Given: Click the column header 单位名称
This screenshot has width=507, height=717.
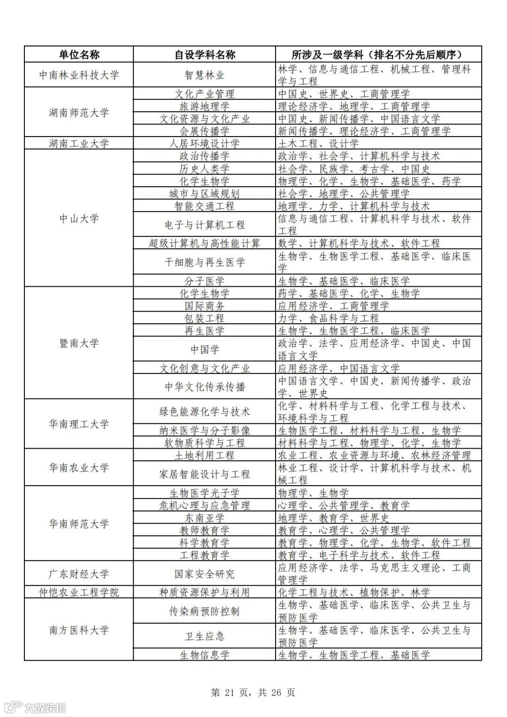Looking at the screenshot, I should click(79, 54).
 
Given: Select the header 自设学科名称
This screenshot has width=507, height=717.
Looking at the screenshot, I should click(205, 54).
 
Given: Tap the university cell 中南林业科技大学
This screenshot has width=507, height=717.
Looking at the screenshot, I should click(79, 75).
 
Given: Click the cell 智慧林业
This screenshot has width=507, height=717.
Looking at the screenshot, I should click(205, 75).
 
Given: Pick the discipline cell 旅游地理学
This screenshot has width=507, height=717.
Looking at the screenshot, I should click(205, 107).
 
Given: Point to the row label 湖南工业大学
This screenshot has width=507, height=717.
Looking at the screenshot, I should click(79, 144).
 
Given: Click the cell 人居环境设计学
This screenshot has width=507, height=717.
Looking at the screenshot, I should click(205, 144).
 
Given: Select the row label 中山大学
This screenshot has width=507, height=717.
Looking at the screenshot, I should click(79, 218).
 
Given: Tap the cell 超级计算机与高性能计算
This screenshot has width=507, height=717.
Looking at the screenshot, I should click(205, 244).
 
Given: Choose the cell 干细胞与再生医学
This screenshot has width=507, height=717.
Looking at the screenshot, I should click(205, 262).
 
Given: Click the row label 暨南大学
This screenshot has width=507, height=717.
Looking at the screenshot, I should click(79, 343).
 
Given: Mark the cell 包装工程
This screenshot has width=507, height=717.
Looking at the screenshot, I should click(205, 318).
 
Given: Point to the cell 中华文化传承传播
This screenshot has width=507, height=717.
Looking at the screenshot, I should click(205, 387).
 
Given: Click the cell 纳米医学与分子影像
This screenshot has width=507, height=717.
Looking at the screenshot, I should click(205, 430).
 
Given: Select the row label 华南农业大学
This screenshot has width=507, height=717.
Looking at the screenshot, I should click(79, 467).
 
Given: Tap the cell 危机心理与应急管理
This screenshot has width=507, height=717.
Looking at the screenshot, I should click(205, 505).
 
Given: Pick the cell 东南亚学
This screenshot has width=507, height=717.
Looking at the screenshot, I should click(205, 518).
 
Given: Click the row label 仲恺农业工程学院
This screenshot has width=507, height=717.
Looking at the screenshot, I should click(79, 592).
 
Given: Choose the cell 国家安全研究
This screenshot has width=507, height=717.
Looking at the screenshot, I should click(205, 573).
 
